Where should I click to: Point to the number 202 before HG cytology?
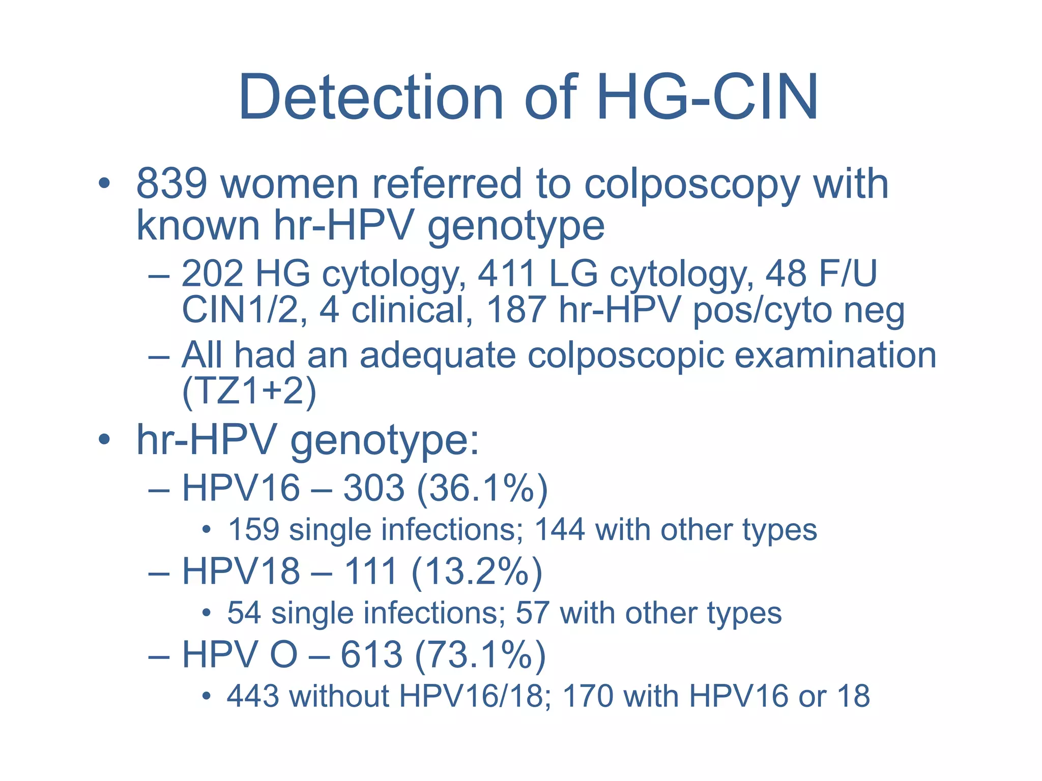coord(212,274)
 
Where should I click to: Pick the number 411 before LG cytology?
coord(507,274)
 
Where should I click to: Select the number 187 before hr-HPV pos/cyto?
coord(516,310)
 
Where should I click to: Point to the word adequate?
coord(438,354)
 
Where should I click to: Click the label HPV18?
coord(241,571)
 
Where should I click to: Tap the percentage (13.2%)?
coord(477,571)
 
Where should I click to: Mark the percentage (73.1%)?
coord(480,654)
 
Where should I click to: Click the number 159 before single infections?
coord(253,530)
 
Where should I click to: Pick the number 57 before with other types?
coord(532,613)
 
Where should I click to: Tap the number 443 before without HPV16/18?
coord(253,696)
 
